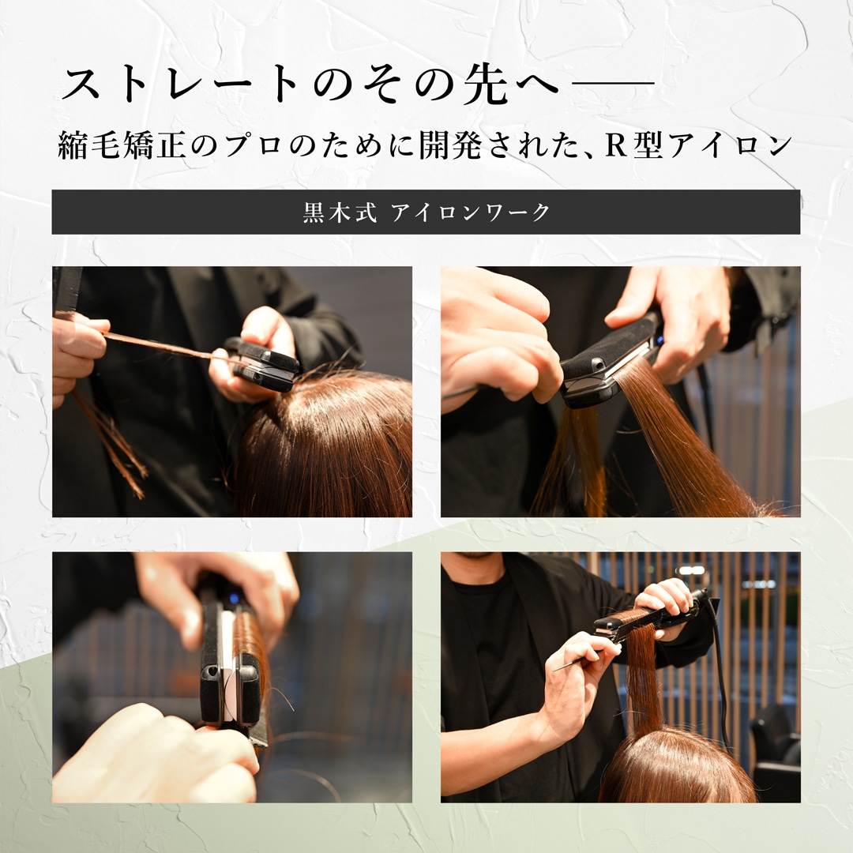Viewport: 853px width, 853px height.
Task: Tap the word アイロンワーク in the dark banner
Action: (471, 212)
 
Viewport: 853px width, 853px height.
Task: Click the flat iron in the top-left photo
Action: (263, 363)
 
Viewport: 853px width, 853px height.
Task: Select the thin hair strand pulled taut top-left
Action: (163, 347)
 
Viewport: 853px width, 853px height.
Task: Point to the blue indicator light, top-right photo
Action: (659, 341)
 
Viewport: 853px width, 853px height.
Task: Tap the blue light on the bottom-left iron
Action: (233, 599)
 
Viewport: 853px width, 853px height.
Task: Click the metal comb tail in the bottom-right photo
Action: (577, 660)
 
